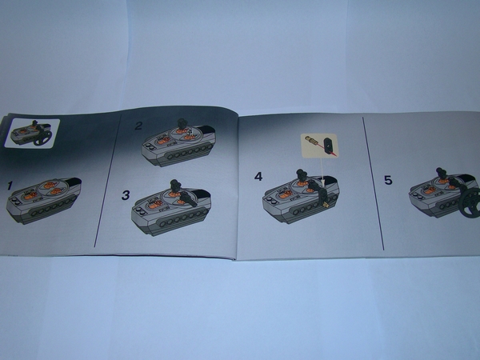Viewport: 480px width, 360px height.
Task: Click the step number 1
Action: (10, 186)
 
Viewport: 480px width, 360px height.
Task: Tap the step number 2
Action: (138, 126)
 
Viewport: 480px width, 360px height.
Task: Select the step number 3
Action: (126, 195)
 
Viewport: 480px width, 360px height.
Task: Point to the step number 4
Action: (258, 177)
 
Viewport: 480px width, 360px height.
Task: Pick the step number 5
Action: (388, 180)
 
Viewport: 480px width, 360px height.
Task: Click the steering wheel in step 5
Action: (470, 202)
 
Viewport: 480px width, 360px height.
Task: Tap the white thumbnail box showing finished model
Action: (32, 133)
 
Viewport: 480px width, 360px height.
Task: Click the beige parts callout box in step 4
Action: (319, 146)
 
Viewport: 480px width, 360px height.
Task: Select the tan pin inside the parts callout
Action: (313, 142)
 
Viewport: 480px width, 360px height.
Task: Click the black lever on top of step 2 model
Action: (182, 124)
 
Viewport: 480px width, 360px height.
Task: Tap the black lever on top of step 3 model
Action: (175, 186)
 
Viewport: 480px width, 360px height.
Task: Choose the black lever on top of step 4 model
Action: (302, 176)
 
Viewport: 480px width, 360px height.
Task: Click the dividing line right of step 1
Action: (107, 181)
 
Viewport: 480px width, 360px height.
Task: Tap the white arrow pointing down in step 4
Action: (322, 171)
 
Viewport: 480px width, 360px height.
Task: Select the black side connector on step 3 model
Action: (187, 198)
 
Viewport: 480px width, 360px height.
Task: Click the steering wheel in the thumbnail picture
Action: (43, 138)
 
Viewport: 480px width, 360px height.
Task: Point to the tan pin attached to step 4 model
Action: (326, 204)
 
